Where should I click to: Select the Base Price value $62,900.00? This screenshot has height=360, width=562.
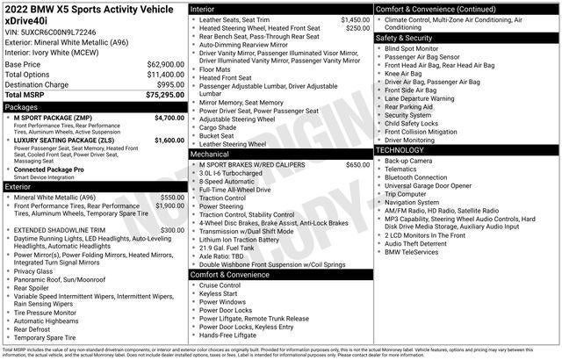(165, 64)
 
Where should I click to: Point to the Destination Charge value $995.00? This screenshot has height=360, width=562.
(169, 83)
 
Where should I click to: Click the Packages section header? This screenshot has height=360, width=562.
(22, 105)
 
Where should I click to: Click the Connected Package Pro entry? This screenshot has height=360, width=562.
(49, 169)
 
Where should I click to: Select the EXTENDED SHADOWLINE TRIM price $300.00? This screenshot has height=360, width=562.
(172, 230)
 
